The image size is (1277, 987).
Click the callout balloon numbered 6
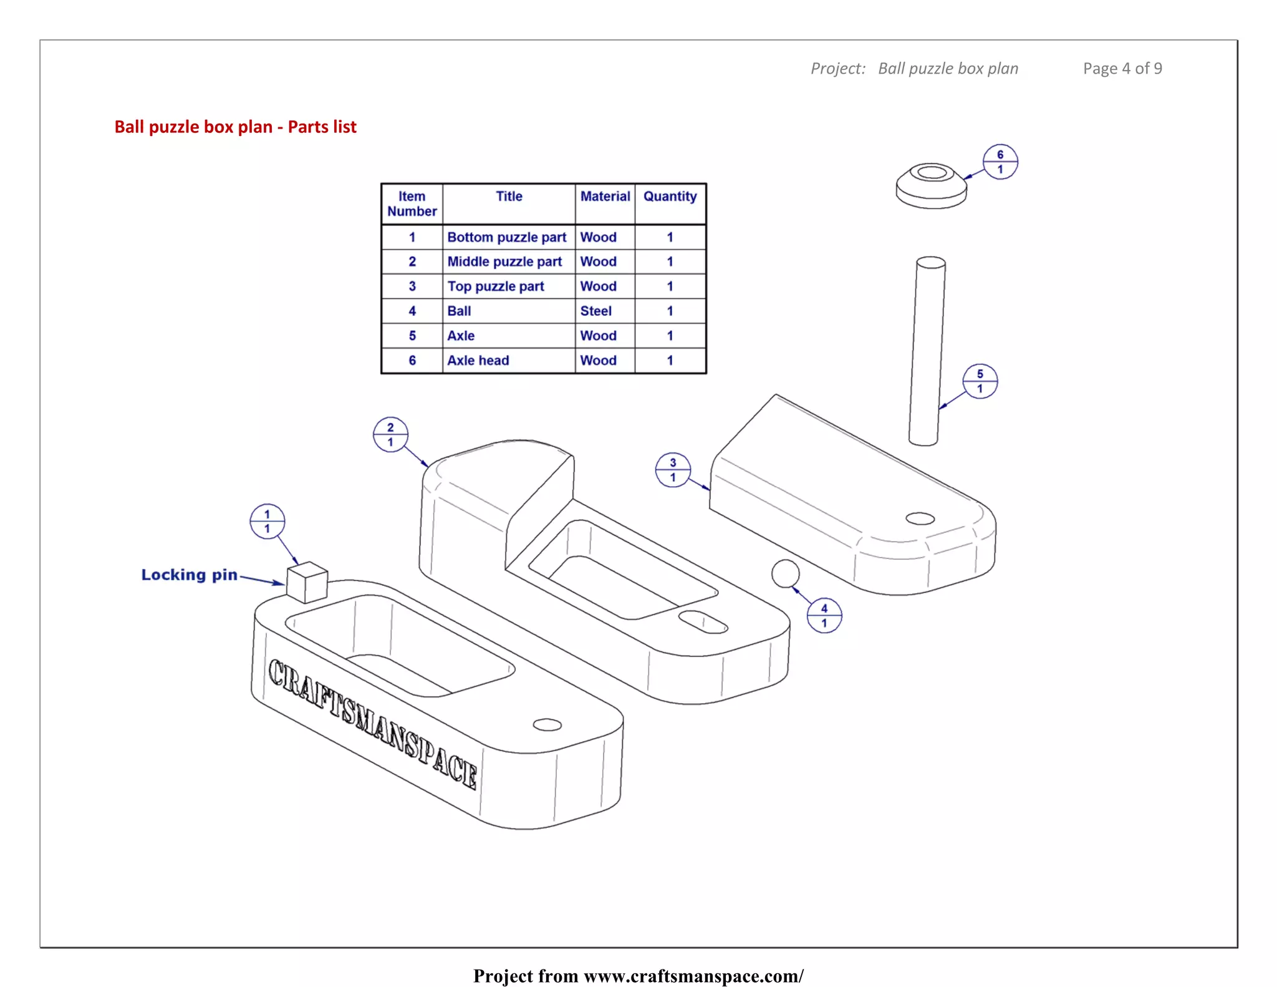click(1000, 162)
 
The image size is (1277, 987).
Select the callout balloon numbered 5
click(980, 381)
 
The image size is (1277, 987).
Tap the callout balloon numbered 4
click(824, 615)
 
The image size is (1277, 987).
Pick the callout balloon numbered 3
click(673, 470)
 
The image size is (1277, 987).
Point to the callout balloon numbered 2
click(390, 434)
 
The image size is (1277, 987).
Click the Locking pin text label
click(189, 575)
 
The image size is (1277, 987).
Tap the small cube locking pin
click(307, 582)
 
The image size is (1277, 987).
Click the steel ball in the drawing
click(785, 573)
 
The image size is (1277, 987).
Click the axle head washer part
click(931, 186)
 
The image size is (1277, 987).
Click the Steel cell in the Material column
click(595, 311)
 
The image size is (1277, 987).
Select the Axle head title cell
click(478, 361)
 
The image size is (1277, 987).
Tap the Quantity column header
click(670, 197)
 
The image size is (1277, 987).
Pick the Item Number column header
click(412, 204)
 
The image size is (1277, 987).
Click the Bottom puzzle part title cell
click(506, 237)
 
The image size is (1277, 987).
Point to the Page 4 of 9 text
click(1122, 69)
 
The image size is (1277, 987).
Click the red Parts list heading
click(235, 127)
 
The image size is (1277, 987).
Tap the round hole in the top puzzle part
click(920, 518)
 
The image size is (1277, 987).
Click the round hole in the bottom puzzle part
click(547, 724)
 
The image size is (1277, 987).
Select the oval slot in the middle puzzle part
click(703, 621)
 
